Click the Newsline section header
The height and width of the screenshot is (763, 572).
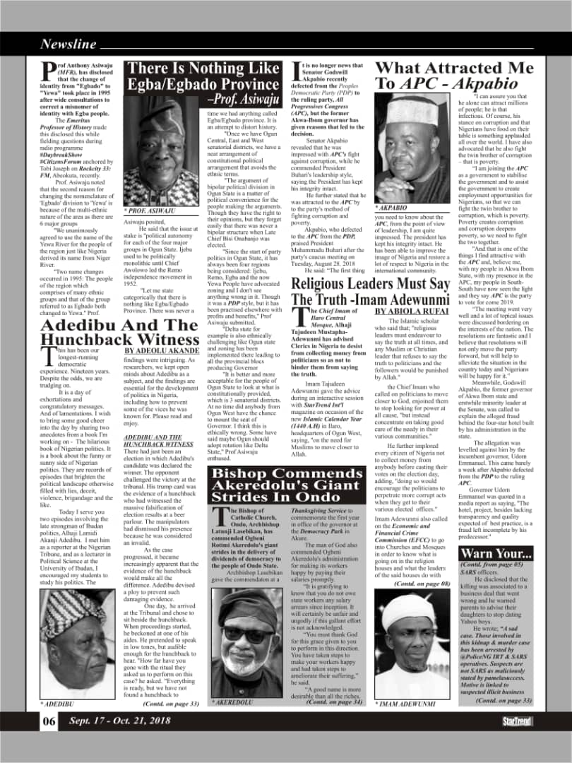(68, 45)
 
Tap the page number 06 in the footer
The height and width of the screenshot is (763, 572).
(49, 721)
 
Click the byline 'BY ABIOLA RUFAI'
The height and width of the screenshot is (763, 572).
(412, 310)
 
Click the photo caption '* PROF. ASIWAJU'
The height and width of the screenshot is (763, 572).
(150, 211)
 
